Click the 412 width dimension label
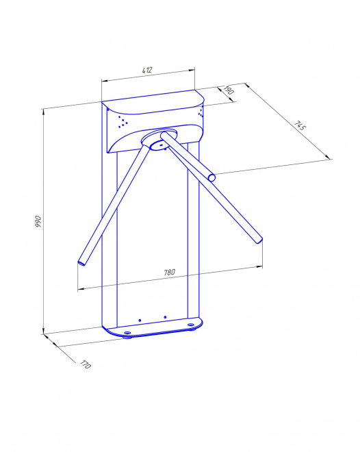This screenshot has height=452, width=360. pos(147,70)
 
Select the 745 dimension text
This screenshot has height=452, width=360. pos(300,126)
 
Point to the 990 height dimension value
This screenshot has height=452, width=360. pos(38,221)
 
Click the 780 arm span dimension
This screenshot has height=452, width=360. pos(169,273)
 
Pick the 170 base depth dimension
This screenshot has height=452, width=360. pos(86,364)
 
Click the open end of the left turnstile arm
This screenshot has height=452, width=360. pos(81,262)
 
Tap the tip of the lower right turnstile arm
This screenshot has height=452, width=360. pos(259,240)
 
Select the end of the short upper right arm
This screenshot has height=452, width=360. pos(211,177)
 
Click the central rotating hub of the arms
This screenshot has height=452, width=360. pos(159,140)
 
